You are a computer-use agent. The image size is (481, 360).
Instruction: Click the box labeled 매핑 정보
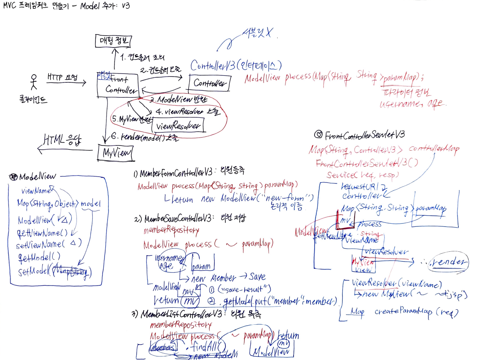113,40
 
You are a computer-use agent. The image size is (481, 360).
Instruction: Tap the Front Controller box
117,84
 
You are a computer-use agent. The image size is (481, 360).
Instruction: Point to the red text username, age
412,104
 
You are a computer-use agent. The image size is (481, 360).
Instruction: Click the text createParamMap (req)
416,312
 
